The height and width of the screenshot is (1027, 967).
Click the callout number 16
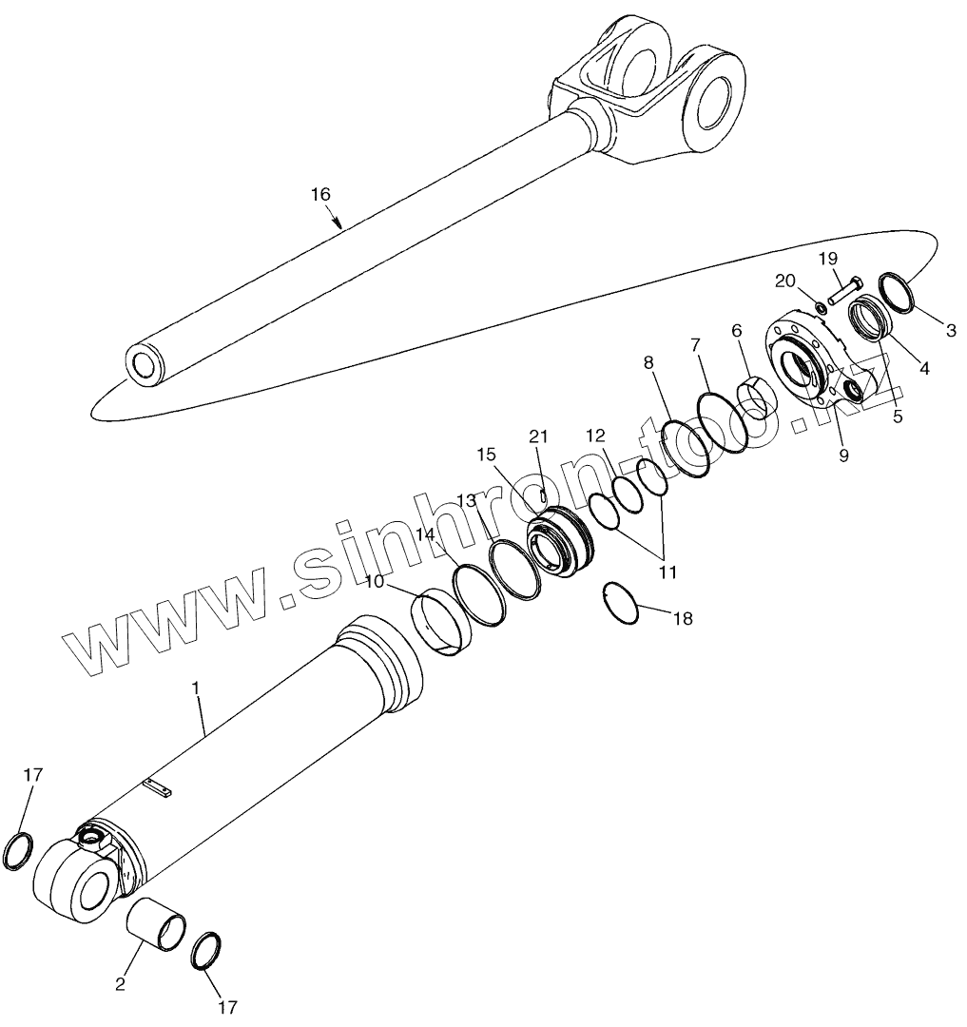coord(320,194)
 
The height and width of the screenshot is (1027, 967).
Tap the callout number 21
coord(539,436)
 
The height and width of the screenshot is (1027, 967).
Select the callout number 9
coord(844,455)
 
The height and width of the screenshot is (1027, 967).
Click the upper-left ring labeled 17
coord(19,848)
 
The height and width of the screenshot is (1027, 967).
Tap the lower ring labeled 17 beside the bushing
coord(206,951)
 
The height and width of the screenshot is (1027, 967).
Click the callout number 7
coord(695,342)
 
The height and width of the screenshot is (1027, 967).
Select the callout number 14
coord(425,534)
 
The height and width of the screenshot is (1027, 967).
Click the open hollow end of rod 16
coord(144,363)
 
